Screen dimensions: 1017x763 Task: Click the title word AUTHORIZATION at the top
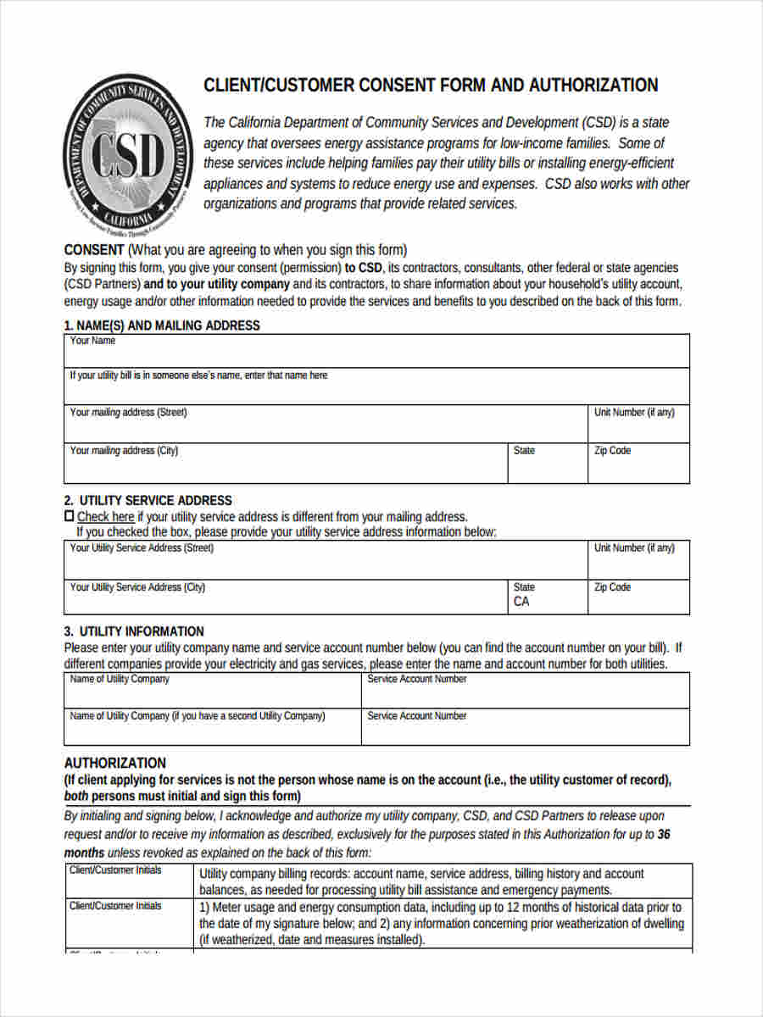click(x=593, y=86)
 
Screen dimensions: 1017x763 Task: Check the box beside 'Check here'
click(x=70, y=516)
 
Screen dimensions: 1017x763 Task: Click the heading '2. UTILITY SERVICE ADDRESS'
click(x=148, y=500)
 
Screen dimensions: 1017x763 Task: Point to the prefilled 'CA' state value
click(x=521, y=602)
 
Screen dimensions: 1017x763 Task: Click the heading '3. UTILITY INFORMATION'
click(x=134, y=631)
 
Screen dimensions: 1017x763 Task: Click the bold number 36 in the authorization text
click(x=664, y=834)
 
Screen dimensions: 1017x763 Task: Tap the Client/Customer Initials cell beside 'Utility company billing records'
click(x=129, y=881)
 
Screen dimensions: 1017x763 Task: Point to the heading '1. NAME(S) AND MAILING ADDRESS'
click(x=162, y=325)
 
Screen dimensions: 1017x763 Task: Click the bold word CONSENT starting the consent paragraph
click(x=94, y=250)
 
